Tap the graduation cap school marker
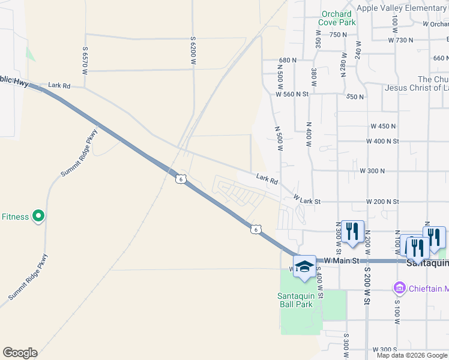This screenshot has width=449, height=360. click(x=305, y=268)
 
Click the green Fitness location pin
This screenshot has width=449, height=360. click(x=38, y=216)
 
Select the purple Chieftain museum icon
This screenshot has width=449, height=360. click(x=399, y=289)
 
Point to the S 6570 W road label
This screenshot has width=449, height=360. click(x=86, y=61)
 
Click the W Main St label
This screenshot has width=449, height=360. click(x=342, y=261)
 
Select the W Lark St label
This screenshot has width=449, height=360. click(x=307, y=199)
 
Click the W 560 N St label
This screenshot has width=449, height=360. click(x=292, y=94)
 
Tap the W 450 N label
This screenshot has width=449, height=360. click(x=383, y=126)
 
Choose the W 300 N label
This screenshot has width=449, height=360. click(x=372, y=171)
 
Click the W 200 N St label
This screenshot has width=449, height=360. click(x=385, y=202)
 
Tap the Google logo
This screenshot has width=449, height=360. click(x=20, y=353)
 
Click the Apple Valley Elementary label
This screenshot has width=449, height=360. click(x=401, y=8)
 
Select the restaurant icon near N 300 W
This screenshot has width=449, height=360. click(x=352, y=232)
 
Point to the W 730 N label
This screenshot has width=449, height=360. click(x=401, y=40)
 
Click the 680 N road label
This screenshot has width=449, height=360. click(x=288, y=61)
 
